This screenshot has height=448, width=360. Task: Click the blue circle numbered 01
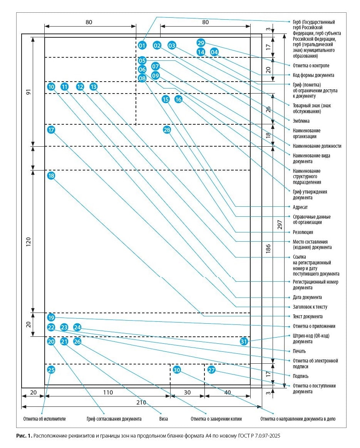point(142,46)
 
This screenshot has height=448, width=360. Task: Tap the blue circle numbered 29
point(201,43)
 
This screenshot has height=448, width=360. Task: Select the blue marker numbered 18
point(51,176)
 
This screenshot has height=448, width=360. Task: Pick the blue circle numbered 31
point(244,341)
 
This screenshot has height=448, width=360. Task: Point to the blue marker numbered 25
point(51,370)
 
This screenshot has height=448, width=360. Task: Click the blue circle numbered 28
point(167,130)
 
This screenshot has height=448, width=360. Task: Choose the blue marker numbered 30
point(177,370)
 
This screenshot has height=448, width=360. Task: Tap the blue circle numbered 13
point(94,87)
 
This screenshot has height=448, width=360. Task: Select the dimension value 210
point(141,403)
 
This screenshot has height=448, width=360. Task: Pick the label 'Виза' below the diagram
point(163,419)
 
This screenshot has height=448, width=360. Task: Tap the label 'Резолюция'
point(303,232)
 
